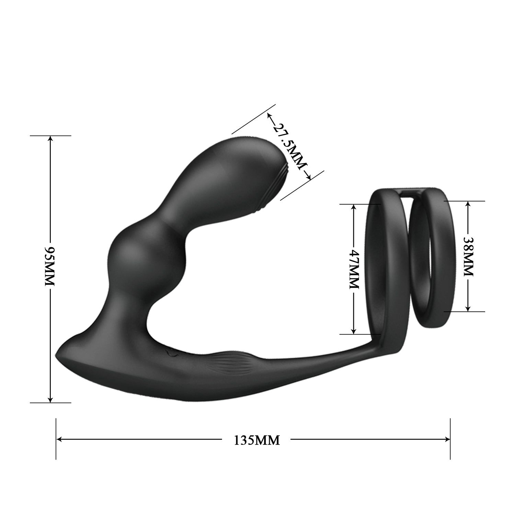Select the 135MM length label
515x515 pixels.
tap(257, 440)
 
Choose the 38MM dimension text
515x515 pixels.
tap(468, 255)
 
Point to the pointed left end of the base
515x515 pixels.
tap(58, 356)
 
